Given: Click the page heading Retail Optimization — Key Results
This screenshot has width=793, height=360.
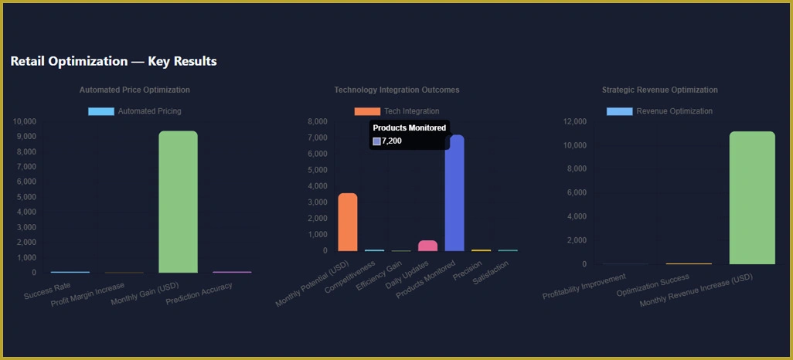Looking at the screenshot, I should (x=114, y=61).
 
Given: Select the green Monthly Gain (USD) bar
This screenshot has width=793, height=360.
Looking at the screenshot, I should (x=178, y=202).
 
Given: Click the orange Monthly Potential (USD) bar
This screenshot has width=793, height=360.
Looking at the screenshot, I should (x=348, y=222).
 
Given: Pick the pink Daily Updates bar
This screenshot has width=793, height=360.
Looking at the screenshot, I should (x=427, y=246).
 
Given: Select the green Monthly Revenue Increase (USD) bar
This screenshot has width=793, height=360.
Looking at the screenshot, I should (x=751, y=199).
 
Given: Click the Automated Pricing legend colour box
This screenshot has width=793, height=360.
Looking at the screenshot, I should (x=101, y=111).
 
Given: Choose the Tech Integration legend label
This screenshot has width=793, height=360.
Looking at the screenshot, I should (x=411, y=111).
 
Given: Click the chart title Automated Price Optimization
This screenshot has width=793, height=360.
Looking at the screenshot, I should (x=134, y=90).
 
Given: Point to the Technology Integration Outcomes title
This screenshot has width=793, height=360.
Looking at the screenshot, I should (x=396, y=90).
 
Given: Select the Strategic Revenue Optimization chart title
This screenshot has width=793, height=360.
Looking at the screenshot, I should (x=659, y=90).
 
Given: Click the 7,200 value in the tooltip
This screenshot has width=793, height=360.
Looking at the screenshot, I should (x=392, y=141).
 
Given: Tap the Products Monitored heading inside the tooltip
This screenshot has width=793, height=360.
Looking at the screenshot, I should (x=409, y=127).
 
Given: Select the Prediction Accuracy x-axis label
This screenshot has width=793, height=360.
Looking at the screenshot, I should (x=199, y=293).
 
